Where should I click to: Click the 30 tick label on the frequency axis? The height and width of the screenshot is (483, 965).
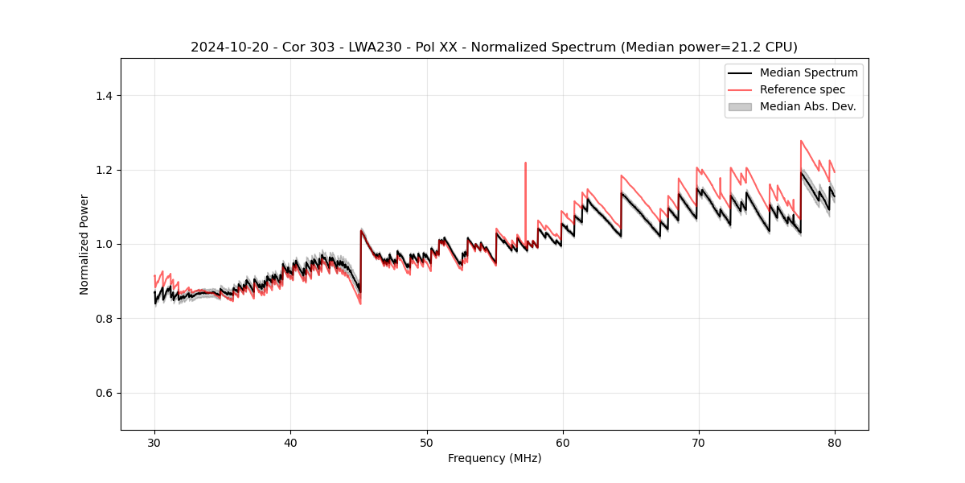click(154, 443)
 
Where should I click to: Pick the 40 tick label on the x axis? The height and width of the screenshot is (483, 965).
click(290, 443)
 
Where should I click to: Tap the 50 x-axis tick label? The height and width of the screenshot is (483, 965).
click(426, 443)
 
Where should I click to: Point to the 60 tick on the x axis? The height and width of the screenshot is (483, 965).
click(563, 443)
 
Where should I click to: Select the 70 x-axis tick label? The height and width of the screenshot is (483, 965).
click(699, 443)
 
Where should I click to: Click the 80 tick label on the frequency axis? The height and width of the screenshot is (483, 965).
click(835, 443)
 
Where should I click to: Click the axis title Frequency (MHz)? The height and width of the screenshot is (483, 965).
click(495, 458)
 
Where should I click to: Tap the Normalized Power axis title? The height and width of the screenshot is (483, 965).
click(84, 244)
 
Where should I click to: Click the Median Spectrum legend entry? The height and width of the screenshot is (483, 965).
click(808, 72)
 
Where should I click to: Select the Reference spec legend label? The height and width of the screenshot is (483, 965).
click(803, 89)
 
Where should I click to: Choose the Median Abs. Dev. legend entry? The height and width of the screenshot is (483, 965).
click(807, 106)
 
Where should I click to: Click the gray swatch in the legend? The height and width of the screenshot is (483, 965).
click(740, 106)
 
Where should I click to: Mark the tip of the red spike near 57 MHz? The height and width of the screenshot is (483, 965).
click(525, 163)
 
